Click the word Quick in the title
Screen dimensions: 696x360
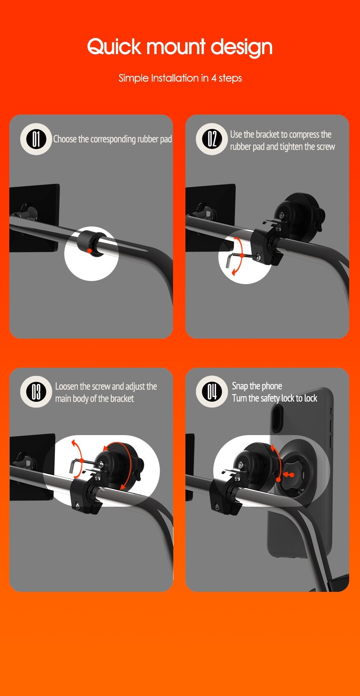point(114,47)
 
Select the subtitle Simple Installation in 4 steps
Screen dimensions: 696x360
point(180,78)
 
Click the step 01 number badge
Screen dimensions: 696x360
point(36,139)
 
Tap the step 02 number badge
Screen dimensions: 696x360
point(212,139)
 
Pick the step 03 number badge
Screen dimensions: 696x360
point(36,392)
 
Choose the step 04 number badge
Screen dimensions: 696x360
point(212,392)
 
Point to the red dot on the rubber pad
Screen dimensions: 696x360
point(89,251)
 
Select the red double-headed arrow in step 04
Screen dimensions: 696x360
point(288,475)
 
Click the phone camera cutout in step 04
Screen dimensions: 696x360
point(276,418)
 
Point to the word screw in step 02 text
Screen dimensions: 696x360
point(326,147)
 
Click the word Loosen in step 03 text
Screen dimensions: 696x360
point(67,386)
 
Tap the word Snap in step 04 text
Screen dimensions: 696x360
point(240,386)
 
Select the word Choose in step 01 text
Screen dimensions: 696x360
point(65,139)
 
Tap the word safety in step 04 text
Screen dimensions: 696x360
point(270,398)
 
